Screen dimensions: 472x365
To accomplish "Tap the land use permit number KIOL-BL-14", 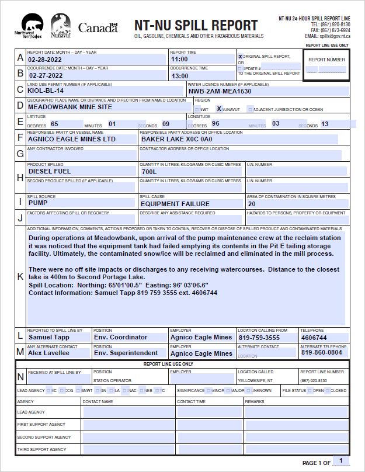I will [46, 91].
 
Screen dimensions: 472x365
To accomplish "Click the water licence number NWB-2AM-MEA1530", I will [220, 91].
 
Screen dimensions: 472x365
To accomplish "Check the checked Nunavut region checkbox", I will [219, 109].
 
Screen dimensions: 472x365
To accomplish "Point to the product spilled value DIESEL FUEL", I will [50, 172].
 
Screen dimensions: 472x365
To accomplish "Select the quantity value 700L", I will [150, 172].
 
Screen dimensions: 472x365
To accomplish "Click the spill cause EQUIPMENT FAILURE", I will [175, 204].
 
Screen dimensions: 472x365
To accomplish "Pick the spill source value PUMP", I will [38, 203].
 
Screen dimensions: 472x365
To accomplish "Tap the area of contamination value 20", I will [252, 204].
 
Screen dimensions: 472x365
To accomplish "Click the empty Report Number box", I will [326, 70].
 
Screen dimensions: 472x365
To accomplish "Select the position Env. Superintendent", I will [126, 353].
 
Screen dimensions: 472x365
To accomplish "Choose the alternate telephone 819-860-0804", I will [322, 353].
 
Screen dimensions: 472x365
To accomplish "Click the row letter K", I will [21, 276].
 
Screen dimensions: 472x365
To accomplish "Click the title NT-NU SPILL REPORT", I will [196, 25].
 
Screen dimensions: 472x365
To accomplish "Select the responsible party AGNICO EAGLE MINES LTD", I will [72, 139].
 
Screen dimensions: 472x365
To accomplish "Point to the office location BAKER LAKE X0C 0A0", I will [177, 139].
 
